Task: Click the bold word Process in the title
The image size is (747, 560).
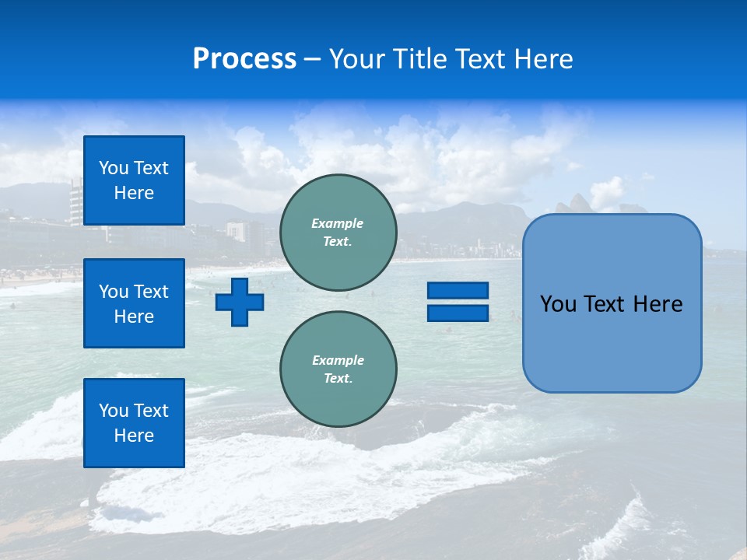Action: click(244, 59)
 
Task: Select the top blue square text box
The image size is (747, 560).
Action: click(134, 180)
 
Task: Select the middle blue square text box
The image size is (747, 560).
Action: click(134, 303)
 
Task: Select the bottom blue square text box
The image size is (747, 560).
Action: click(134, 422)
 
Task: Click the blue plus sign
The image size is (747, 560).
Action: click(239, 302)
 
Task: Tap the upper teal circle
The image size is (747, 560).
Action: click(338, 233)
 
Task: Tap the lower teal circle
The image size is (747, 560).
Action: click(338, 369)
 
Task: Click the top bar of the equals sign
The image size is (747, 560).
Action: click(458, 291)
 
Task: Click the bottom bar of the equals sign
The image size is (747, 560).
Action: click(458, 313)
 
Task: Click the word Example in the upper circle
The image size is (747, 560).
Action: click(338, 223)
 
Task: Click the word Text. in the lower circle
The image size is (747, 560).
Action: click(338, 378)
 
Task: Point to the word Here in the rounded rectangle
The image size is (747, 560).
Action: click(658, 304)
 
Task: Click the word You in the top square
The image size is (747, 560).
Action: click(114, 168)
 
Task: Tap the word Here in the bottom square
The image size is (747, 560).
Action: click(134, 436)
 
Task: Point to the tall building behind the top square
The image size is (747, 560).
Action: click(75, 201)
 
